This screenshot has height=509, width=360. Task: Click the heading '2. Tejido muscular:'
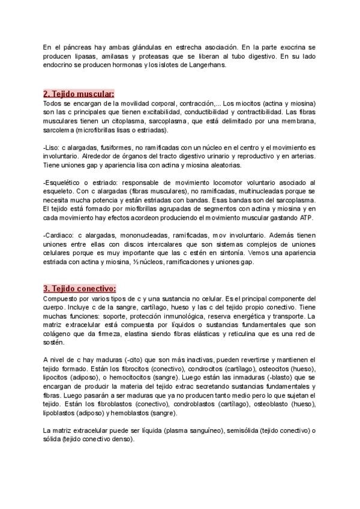pos(78,94)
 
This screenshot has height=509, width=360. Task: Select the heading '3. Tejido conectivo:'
pos(79,289)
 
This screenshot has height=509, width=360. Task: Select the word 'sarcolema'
pos(59,130)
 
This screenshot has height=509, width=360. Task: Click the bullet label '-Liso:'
pos(52,148)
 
